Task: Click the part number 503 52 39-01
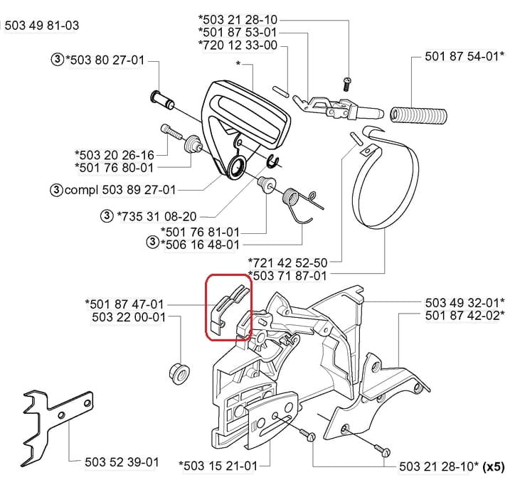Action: [122, 462]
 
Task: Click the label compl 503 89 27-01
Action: [120, 191]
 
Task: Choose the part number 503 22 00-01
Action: [129, 317]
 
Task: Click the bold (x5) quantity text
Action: [494, 466]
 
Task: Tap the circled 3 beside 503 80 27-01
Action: [58, 60]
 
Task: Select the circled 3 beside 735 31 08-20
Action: [107, 216]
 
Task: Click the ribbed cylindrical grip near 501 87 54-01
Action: [418, 114]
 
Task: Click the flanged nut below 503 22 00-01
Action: [179, 373]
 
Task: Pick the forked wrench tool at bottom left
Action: [57, 427]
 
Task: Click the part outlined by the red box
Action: [228, 306]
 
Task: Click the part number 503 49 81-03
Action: [42, 26]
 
